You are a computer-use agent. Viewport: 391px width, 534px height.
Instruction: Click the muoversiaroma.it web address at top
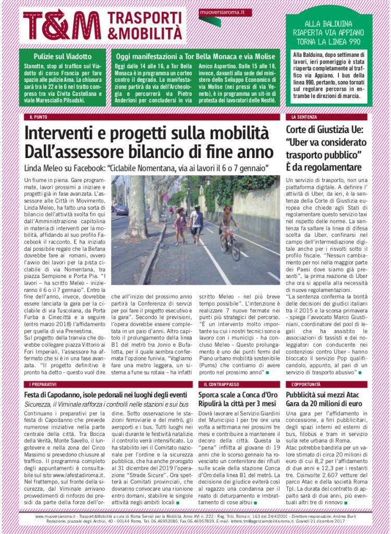click(218, 11)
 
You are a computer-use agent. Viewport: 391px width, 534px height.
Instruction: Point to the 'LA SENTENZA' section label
click(302, 117)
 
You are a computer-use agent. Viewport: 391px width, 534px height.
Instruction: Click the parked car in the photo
click(122, 210)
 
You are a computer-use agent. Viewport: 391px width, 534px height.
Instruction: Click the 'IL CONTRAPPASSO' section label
click(218, 384)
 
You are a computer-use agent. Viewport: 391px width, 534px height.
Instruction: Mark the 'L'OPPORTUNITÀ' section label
click(306, 384)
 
